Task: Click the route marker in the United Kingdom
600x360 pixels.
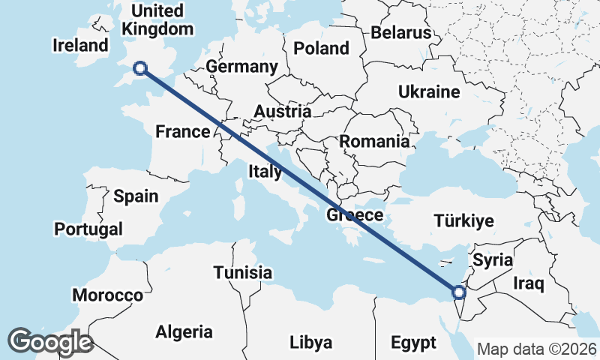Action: (139, 69)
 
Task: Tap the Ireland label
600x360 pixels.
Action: (81, 45)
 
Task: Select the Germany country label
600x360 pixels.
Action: (241, 67)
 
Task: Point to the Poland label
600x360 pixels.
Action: (321, 49)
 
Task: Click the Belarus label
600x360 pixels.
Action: (401, 33)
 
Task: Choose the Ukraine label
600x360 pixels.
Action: (428, 92)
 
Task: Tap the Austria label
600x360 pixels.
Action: (283, 112)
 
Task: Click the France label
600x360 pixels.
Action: (183, 132)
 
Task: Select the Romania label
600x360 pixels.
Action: (375, 141)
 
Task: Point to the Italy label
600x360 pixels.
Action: (265, 172)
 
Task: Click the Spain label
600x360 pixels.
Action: (136, 196)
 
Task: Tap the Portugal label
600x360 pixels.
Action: (88, 229)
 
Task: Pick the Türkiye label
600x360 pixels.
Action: (464, 220)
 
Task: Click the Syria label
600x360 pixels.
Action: (493, 260)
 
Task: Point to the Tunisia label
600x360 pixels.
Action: (242, 272)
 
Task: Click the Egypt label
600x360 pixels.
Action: (413, 343)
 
